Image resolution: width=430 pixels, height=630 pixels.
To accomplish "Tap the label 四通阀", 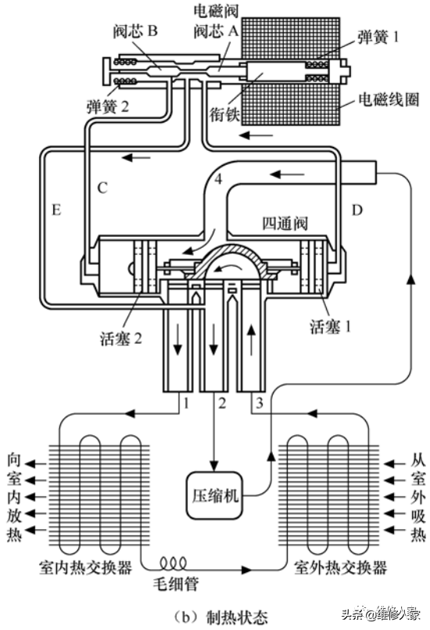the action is [x=285, y=223].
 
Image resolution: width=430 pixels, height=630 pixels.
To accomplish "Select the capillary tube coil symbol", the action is [x=174, y=564].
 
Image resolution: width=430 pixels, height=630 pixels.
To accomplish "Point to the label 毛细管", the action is [x=176, y=583].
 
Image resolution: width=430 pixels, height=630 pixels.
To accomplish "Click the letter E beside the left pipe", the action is [x=56, y=209].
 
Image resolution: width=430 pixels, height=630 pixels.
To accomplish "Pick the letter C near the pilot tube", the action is [x=102, y=188].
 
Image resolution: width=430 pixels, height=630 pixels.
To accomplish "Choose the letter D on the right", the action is [x=357, y=209].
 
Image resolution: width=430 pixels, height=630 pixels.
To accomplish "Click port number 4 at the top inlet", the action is [x=218, y=178].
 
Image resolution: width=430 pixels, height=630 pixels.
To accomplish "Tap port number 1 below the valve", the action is [x=185, y=403].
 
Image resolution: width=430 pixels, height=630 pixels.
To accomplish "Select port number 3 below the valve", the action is [x=260, y=403].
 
